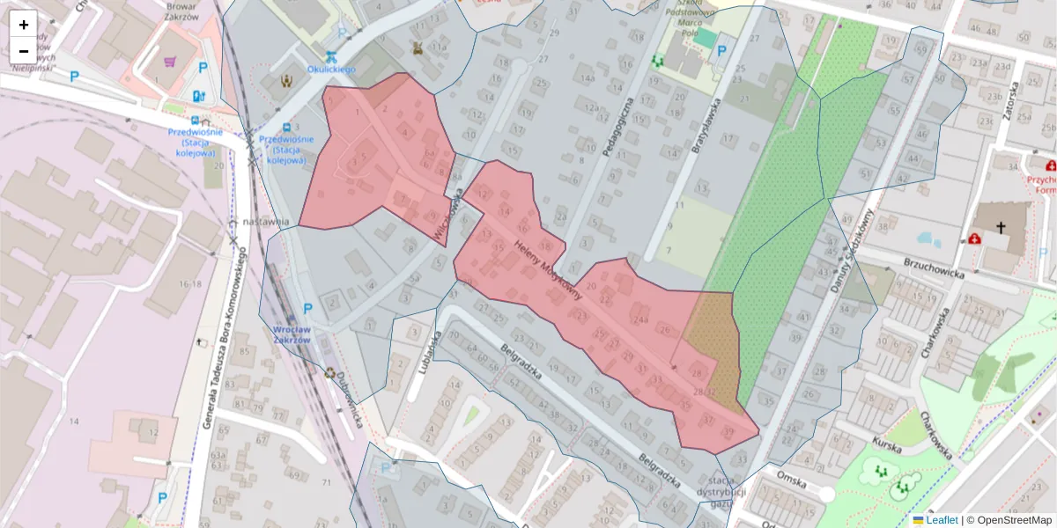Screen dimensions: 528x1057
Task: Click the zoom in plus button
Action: pos(24,25)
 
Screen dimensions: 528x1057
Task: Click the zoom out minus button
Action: pos(24,50)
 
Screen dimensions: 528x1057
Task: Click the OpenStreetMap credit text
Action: pos(1009,520)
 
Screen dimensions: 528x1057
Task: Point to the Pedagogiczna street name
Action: pos(617,128)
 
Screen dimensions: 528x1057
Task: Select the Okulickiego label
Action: pos(330,69)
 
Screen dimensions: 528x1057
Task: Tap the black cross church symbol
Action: pos(1001,227)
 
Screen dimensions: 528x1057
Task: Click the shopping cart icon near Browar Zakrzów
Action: pos(170,62)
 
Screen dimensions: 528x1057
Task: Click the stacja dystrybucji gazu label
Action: pos(721,491)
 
